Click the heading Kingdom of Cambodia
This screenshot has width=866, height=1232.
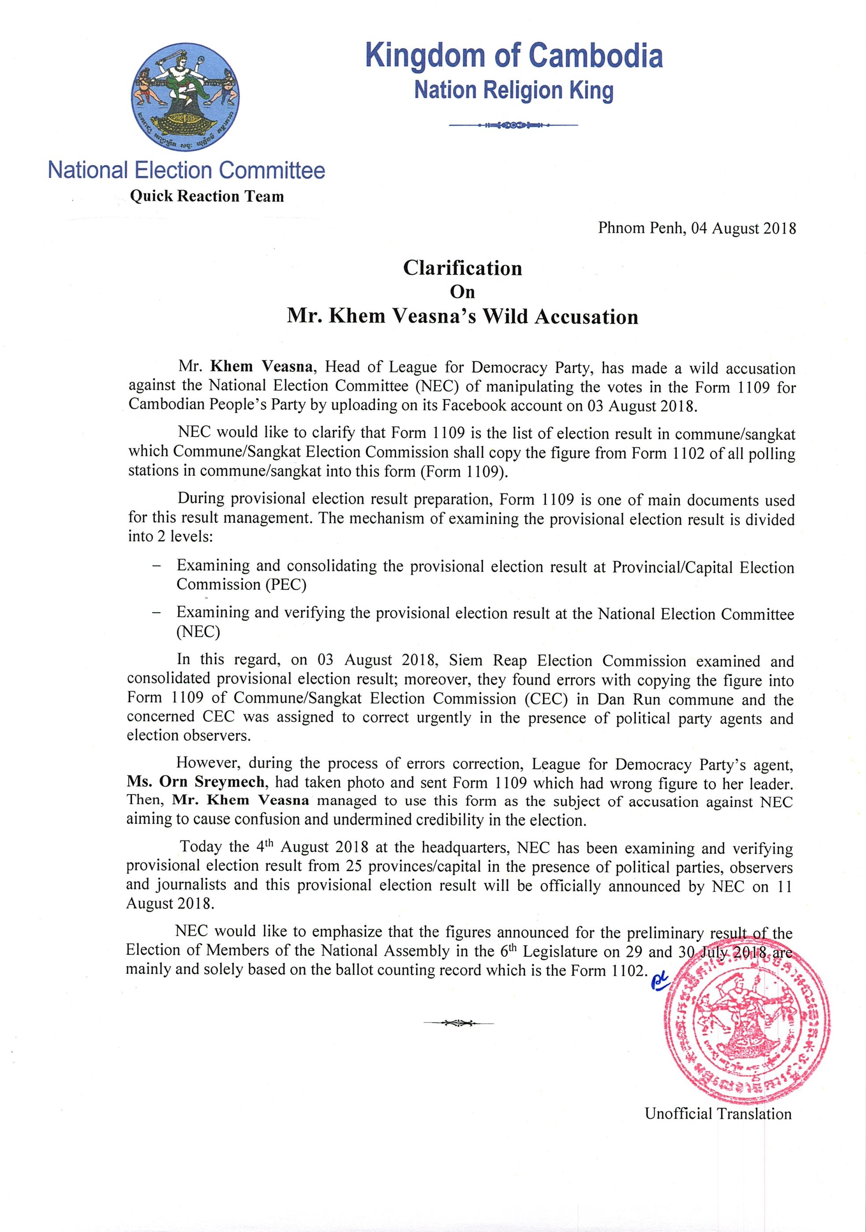click(514, 57)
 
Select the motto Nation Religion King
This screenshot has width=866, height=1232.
click(514, 90)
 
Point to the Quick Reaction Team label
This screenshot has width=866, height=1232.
click(207, 196)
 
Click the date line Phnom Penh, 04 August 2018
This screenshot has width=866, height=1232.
click(697, 229)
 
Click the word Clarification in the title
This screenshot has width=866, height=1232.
click(462, 268)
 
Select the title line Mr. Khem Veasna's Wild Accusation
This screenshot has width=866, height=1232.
click(462, 316)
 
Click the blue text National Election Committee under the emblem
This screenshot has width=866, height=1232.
click(186, 170)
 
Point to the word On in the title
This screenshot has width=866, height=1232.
click(462, 292)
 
